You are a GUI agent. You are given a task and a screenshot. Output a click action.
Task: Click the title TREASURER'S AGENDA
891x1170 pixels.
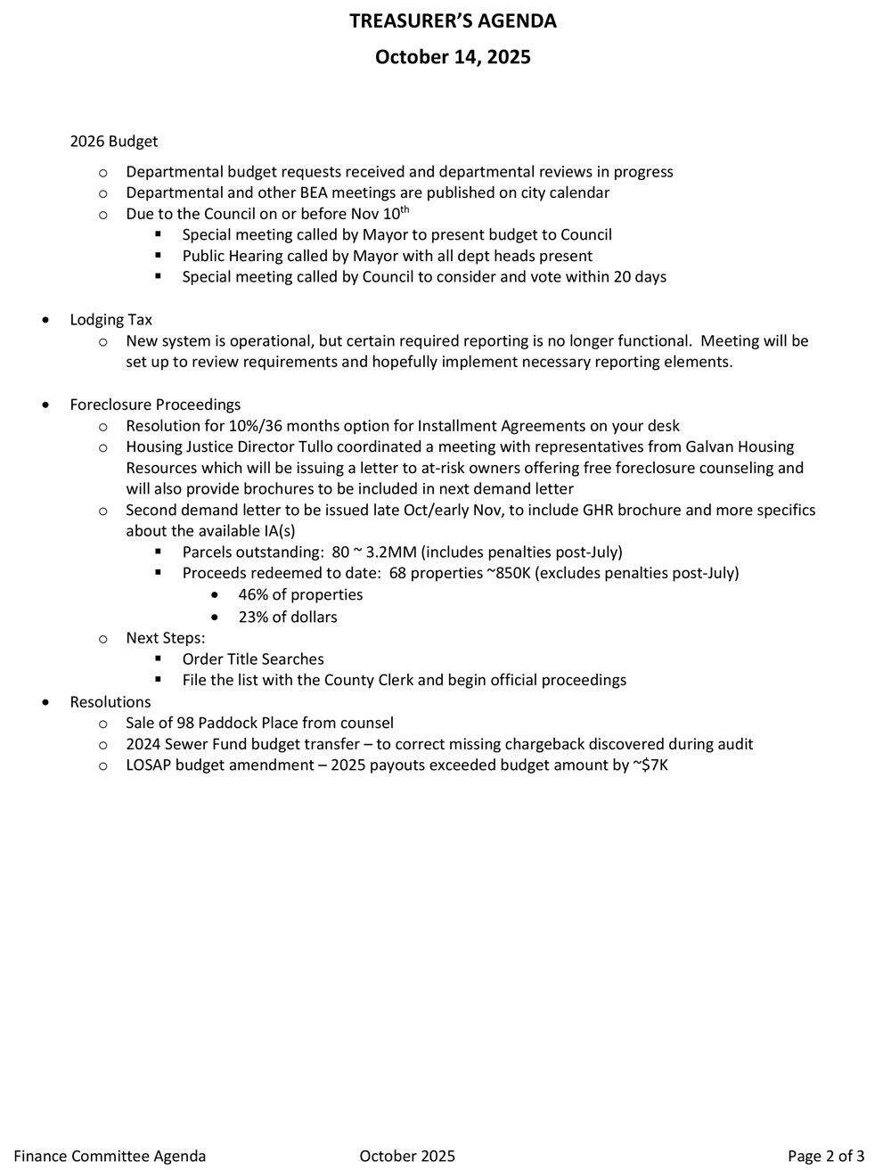[x=453, y=21]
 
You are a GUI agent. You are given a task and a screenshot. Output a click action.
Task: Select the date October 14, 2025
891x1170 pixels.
[x=453, y=57]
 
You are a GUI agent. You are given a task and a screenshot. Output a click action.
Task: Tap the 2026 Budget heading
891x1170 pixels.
[x=114, y=141]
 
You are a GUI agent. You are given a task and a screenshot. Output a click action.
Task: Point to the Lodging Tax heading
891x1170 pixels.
[x=111, y=320]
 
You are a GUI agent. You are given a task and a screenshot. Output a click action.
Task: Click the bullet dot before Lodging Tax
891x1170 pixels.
[x=46, y=320]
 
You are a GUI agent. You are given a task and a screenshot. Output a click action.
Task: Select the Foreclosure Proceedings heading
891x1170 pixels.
[x=155, y=405]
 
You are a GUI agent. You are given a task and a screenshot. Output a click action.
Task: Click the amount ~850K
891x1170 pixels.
[x=509, y=573]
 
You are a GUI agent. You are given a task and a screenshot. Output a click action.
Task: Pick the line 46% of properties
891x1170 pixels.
[x=300, y=594]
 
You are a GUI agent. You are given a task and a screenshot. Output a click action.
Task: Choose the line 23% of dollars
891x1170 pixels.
[x=288, y=617]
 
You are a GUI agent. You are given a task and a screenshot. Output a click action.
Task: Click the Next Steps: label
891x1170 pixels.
[x=166, y=638]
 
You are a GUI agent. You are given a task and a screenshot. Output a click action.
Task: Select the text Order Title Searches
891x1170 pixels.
[x=253, y=659]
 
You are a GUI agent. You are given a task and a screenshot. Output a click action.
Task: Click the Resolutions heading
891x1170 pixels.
[x=110, y=702]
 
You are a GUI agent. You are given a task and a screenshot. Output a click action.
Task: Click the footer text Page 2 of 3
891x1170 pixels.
[x=826, y=1156]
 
